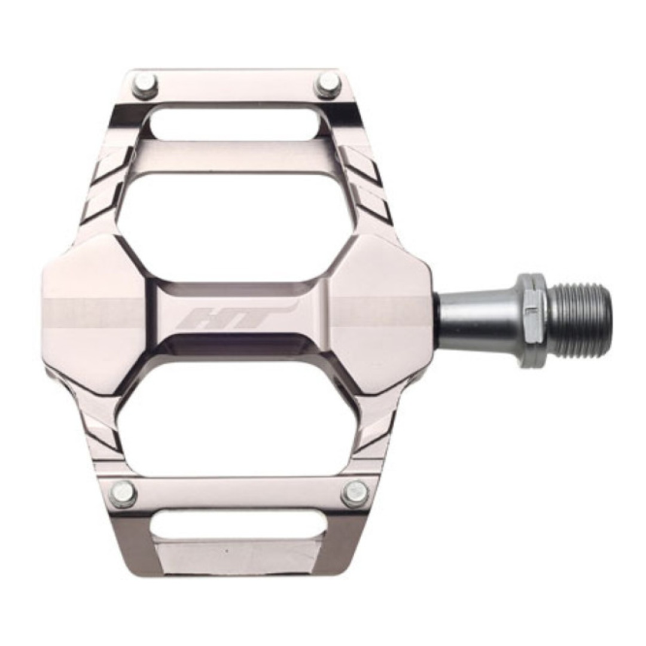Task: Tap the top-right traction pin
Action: (x=328, y=84)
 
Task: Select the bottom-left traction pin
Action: (x=123, y=493)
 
